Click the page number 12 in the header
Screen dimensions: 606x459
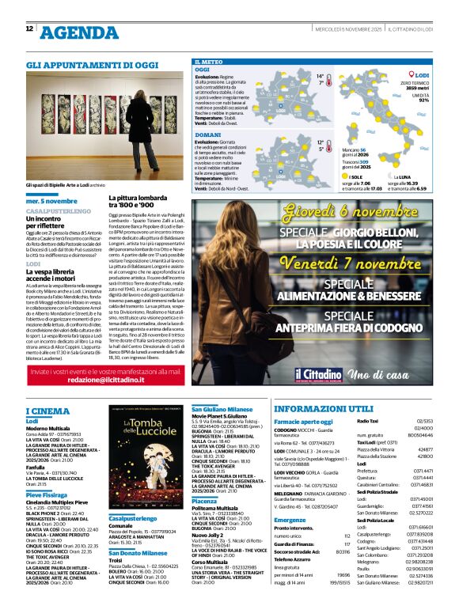tap(30, 28)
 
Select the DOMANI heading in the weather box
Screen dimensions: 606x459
tap(208, 135)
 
